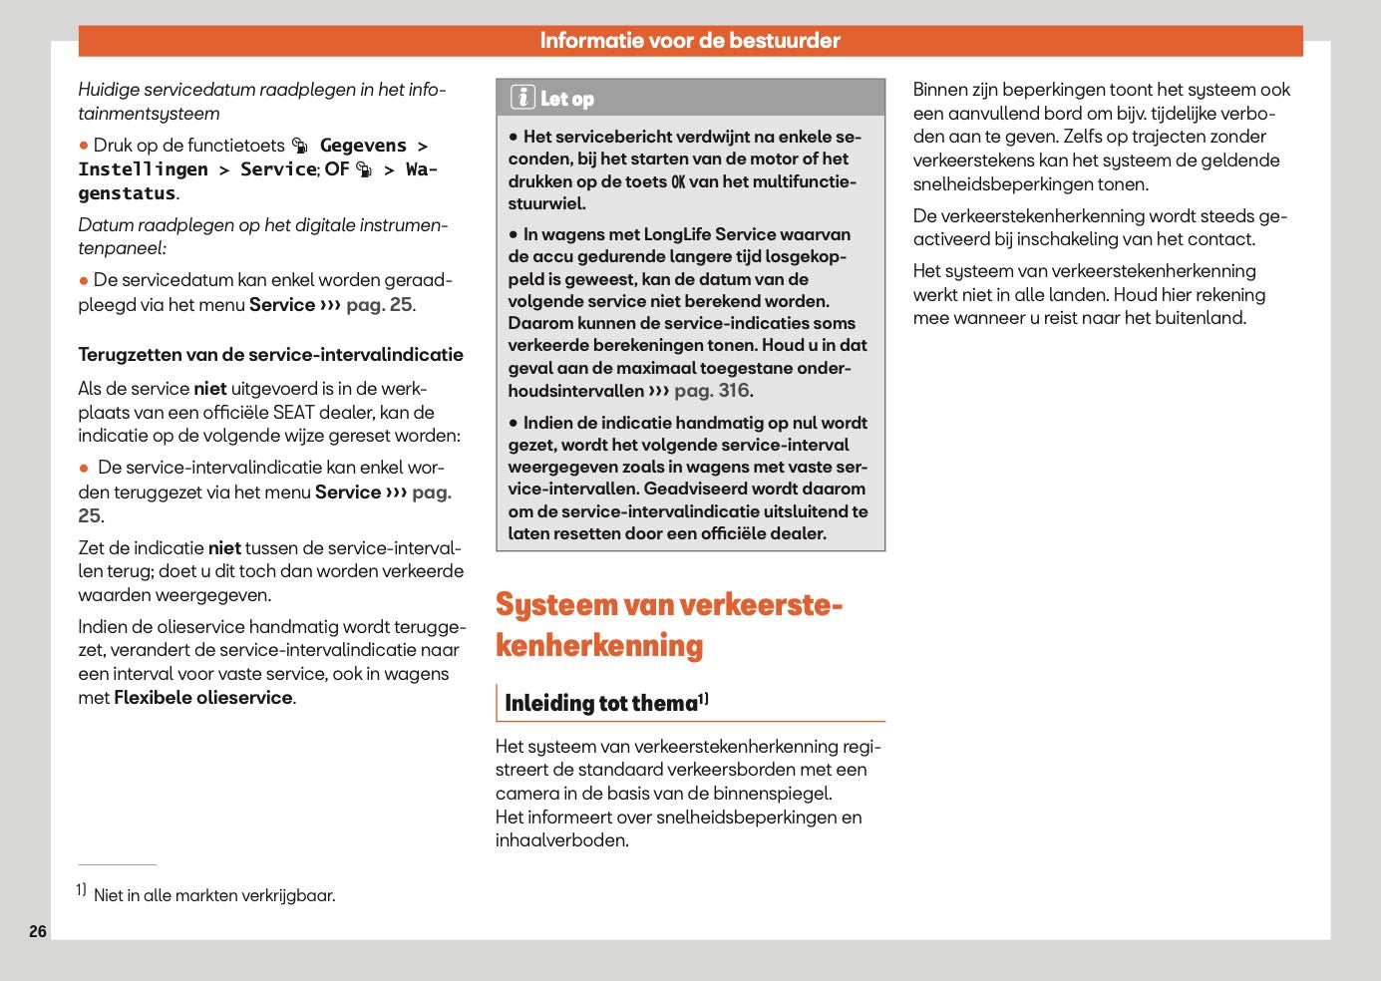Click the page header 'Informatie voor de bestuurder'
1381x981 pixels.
point(690,41)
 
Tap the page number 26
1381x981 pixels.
point(38,931)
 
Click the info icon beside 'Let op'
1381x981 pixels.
point(522,98)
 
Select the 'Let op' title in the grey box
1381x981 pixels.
point(567,99)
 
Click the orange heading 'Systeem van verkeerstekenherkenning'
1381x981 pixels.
point(668,625)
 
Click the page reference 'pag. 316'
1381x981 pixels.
point(713,391)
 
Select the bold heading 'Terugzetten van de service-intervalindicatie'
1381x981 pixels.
point(270,355)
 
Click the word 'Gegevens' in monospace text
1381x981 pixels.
point(363,146)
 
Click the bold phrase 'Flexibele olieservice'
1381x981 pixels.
point(202,698)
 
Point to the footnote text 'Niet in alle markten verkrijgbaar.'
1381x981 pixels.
point(214,895)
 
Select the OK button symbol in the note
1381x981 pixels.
point(678,181)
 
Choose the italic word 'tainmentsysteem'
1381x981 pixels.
point(149,114)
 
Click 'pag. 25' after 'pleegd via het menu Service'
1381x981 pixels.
point(379,305)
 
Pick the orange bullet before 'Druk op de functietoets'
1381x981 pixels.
point(84,146)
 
